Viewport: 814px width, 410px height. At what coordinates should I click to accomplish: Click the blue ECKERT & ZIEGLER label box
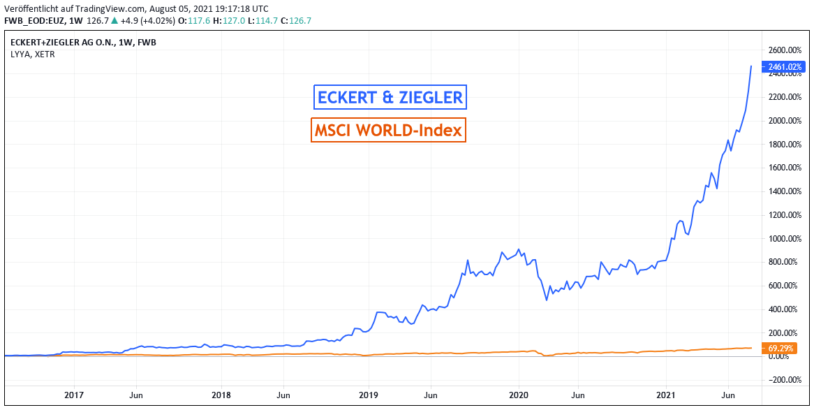point(390,97)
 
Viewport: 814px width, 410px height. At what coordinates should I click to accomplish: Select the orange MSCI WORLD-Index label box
point(388,130)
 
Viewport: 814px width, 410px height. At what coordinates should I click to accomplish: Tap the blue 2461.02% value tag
point(785,67)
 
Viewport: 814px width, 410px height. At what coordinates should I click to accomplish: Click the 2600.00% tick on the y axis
point(783,50)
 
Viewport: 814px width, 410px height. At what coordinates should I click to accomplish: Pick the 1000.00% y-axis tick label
point(783,239)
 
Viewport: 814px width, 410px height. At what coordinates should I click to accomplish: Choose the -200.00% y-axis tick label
point(783,380)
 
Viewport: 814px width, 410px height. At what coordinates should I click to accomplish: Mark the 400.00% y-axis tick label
point(784,309)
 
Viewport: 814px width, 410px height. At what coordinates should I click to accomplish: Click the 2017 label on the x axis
point(74,395)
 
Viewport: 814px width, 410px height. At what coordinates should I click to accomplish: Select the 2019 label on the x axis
point(369,395)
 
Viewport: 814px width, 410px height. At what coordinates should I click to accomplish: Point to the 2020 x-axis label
point(519,395)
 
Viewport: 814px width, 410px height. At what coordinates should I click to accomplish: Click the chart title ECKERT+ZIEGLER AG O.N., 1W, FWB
point(83,43)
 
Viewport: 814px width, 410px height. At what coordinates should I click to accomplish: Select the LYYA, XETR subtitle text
point(32,54)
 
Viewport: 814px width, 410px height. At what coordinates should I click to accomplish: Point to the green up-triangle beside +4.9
point(114,20)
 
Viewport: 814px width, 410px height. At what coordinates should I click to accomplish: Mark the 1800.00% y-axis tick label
point(783,145)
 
